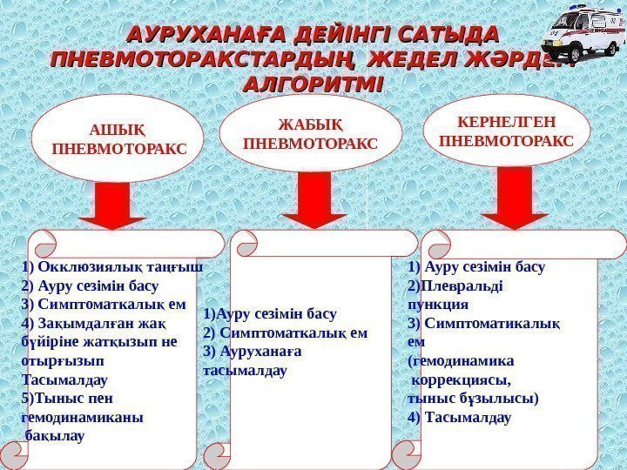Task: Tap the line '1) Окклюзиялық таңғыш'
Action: tap(111, 267)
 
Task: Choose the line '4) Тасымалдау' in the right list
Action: tap(460, 418)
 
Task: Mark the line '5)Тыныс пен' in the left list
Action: tap(67, 399)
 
